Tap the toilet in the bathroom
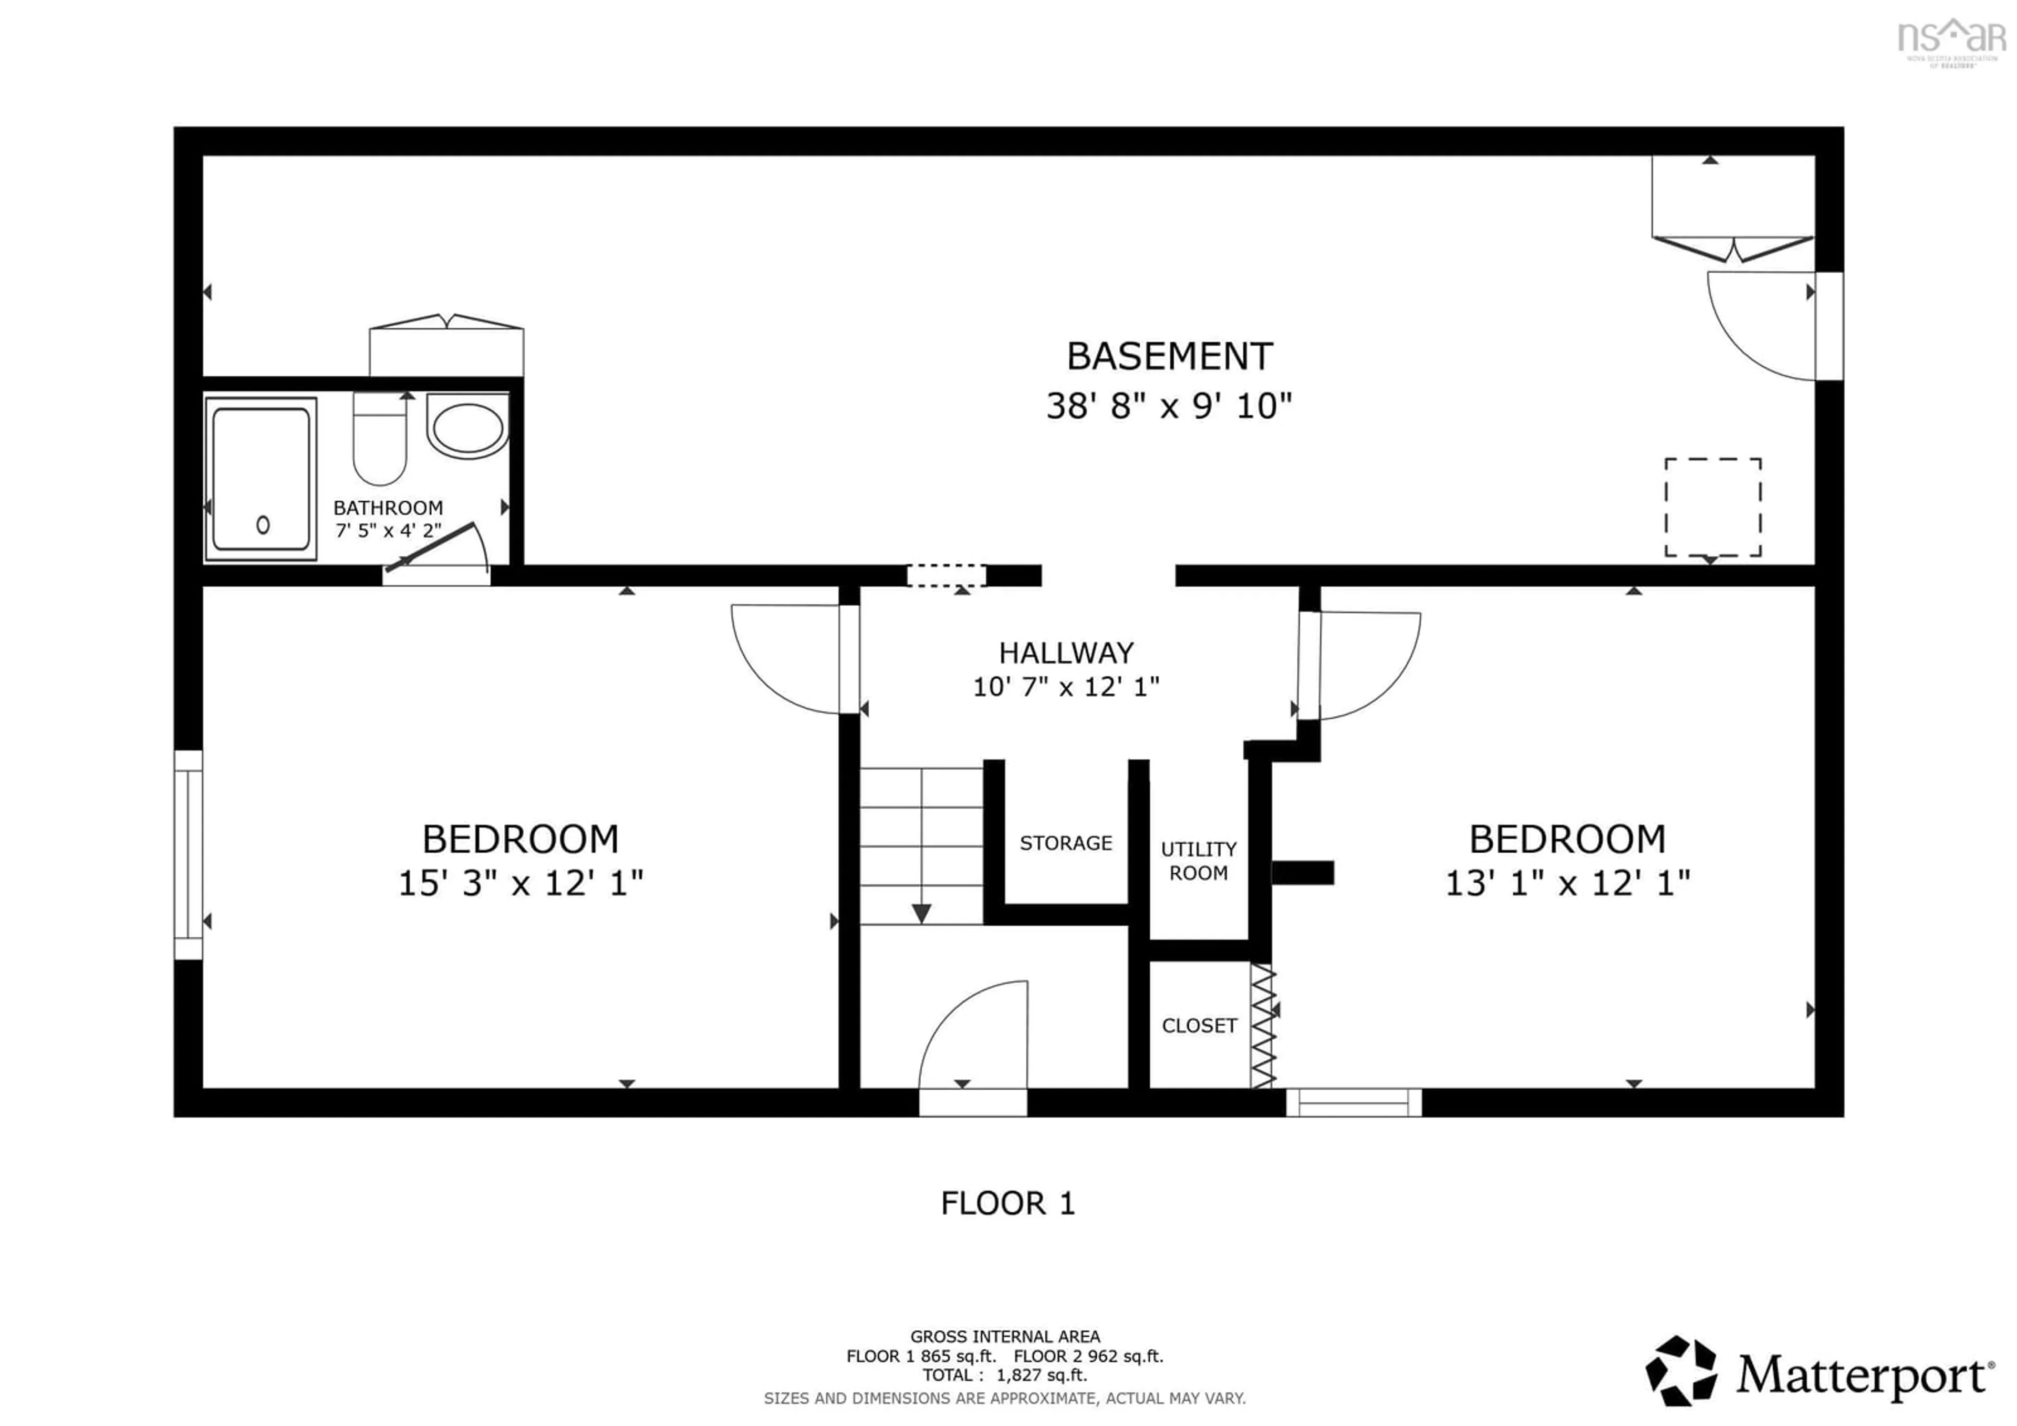380,439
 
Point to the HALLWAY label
1066,653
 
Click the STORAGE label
1066,843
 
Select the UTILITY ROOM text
1198,861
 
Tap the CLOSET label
1199,1025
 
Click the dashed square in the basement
1712,507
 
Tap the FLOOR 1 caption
1007,1203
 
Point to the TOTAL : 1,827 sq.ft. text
1004,1375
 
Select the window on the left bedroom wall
188,854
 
